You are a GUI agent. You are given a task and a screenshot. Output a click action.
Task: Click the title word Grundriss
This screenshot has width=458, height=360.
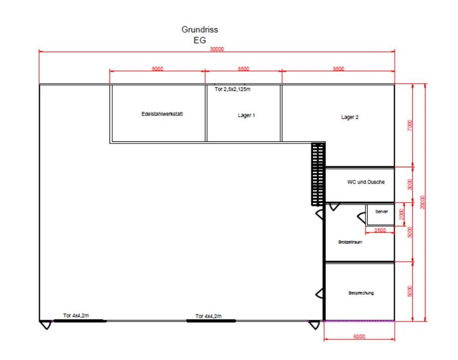point(200,30)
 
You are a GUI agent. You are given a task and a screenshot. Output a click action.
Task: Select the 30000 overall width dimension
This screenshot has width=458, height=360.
point(217,49)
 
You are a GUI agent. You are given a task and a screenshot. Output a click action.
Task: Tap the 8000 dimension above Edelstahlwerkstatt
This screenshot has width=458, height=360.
point(157,69)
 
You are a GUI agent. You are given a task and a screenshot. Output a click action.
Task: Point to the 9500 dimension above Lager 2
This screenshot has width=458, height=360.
point(339,69)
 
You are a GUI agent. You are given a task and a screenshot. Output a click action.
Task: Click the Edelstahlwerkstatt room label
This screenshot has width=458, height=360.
point(162,114)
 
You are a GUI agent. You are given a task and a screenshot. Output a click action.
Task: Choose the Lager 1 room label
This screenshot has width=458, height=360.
point(246,115)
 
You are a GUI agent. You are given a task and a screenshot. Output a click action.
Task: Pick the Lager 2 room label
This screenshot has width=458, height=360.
point(350,117)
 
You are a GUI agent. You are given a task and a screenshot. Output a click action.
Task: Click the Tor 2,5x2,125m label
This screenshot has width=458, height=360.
point(232,89)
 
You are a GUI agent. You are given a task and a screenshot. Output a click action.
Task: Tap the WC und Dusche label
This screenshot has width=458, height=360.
point(366,182)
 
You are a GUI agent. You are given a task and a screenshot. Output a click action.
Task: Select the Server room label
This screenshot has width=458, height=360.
point(382,211)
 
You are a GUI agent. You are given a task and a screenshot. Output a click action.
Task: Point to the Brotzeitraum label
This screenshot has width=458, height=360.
point(350,242)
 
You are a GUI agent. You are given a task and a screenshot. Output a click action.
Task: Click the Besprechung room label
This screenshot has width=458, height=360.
point(361,293)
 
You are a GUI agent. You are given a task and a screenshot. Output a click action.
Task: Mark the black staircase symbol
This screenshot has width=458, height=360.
point(318,174)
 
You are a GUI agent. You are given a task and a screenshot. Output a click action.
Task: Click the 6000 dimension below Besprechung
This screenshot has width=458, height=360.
point(359,336)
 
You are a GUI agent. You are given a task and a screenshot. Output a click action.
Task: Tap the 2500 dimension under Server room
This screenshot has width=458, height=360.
point(380,230)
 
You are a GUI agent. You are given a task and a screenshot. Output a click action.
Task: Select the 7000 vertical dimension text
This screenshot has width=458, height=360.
point(410,125)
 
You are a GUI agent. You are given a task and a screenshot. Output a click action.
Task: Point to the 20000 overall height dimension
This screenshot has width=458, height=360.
point(422,202)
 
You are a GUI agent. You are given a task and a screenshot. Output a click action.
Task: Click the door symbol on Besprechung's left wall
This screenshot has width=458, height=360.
point(320,293)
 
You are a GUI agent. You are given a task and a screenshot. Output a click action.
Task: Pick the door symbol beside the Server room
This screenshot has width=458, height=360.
point(362,218)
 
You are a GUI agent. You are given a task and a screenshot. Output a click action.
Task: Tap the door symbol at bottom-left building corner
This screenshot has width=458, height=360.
point(46,325)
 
